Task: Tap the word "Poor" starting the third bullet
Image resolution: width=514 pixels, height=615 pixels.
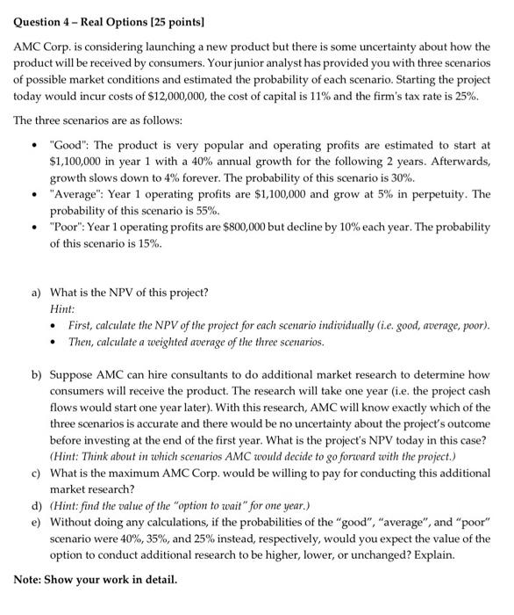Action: point(66,228)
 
